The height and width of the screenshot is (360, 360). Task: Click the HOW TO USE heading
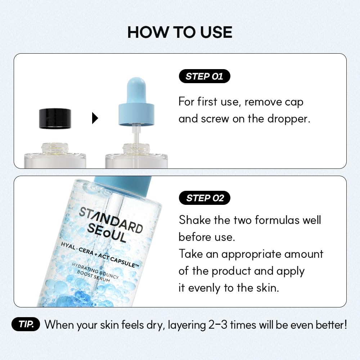click(180, 32)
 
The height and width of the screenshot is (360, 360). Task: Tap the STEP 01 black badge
click(204, 76)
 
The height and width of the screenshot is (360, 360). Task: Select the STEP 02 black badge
click(204, 198)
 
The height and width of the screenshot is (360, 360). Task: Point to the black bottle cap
click(55, 118)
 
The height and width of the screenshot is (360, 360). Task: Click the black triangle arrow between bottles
click(95, 118)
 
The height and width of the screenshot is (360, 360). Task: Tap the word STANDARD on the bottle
click(111, 220)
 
